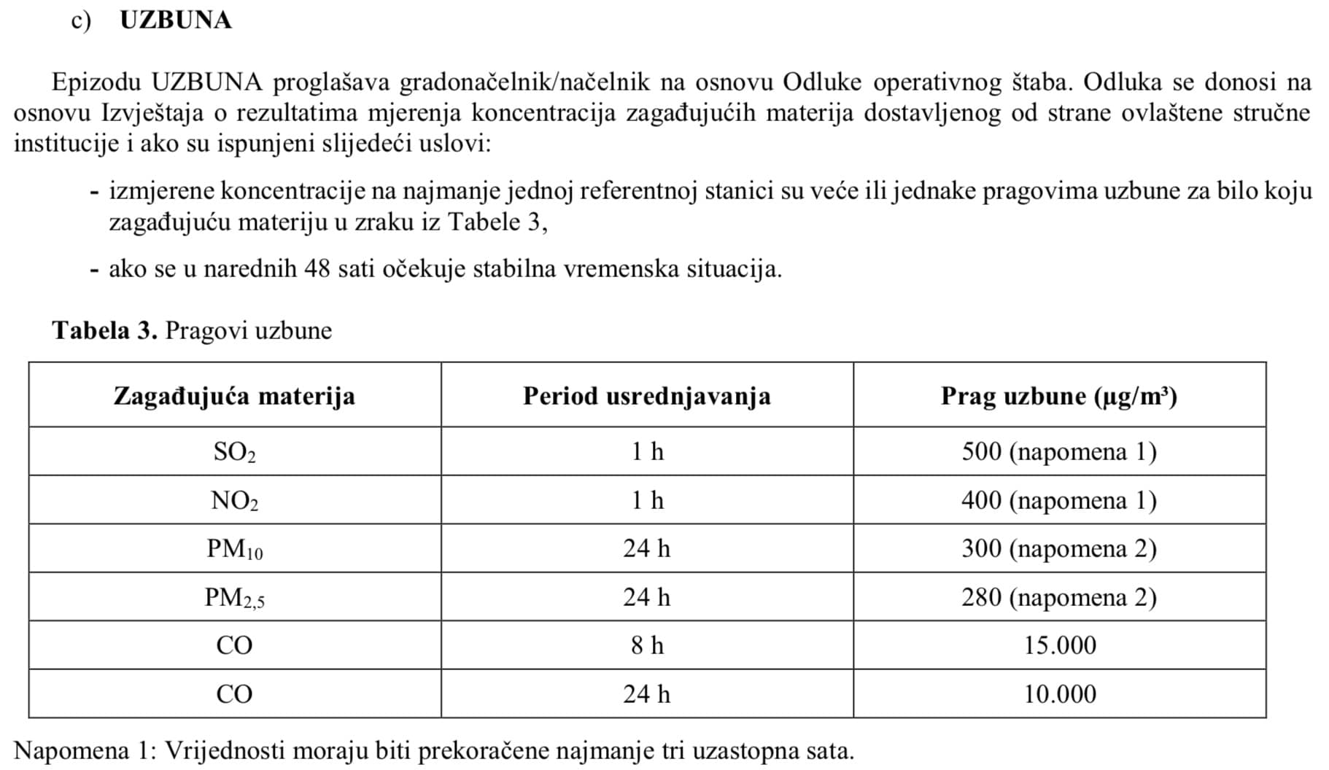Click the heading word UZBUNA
tap(175, 20)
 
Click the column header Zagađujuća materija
tap(234, 396)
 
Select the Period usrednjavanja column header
tap(646, 396)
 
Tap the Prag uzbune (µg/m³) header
tap(1058, 396)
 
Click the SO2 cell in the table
tap(234, 452)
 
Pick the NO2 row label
tap(234, 500)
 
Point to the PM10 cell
tap(234, 548)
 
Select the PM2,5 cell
tap(234, 597)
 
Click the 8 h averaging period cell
tap(647, 645)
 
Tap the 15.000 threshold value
tap(1059, 645)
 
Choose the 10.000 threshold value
tap(1059, 693)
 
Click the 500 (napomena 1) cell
tap(1058, 452)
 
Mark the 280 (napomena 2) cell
tap(1058, 597)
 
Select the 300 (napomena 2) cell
tap(1058, 548)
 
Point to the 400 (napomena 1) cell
tap(1058, 500)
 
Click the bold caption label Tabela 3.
tap(104, 330)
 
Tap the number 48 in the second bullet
tap(317, 269)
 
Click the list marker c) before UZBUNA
tap(80, 20)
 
